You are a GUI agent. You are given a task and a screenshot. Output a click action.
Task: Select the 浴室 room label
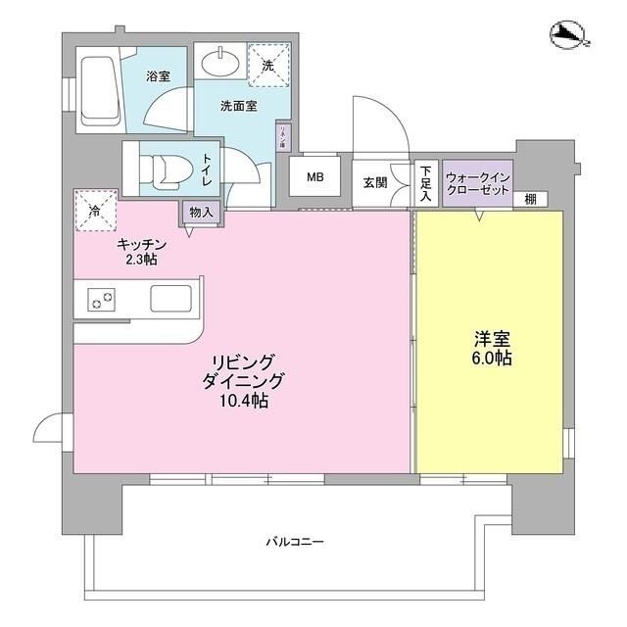pos(159,75)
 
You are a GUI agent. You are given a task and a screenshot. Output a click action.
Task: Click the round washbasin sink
pos(221,65)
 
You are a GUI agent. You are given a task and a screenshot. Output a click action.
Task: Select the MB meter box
pos(314,177)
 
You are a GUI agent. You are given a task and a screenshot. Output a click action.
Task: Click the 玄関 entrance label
pos(374,182)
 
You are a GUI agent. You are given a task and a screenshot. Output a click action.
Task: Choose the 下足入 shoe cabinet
pos(425,183)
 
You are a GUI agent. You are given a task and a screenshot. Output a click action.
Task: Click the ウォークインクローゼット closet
pos(476,183)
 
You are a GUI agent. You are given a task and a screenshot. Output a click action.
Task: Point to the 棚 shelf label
pos(529,199)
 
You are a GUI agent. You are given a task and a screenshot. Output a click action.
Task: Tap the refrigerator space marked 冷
pos(96,211)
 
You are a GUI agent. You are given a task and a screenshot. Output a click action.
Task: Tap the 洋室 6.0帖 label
pos(491,348)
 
